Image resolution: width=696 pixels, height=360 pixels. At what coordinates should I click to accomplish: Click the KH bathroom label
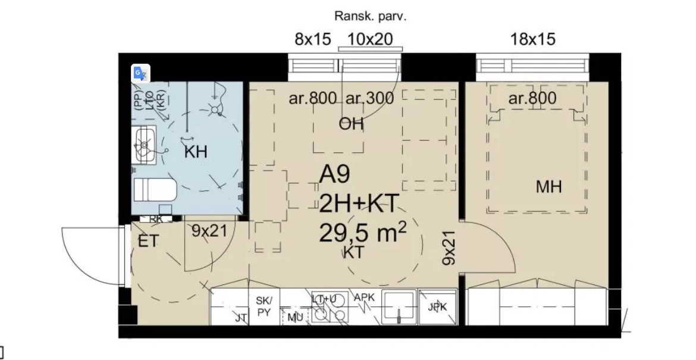(196, 152)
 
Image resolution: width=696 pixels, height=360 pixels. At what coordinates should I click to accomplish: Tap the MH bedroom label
(548, 187)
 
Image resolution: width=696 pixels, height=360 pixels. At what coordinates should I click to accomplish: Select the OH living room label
(351, 124)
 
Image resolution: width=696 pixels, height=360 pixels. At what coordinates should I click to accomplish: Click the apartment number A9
(335, 174)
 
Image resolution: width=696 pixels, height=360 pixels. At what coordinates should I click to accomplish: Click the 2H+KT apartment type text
(357, 204)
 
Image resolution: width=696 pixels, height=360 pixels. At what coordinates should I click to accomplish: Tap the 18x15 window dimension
(532, 39)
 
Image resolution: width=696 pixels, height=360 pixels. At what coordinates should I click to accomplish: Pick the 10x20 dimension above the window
(369, 39)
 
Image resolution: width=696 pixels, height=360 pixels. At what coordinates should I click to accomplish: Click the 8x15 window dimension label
(312, 39)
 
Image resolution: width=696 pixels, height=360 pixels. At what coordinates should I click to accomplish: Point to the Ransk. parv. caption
(370, 16)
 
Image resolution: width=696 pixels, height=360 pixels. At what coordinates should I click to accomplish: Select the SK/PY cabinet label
(264, 306)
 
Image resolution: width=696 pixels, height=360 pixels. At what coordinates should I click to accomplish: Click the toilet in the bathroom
(154, 191)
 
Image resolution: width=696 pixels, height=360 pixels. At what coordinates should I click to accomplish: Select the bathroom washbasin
(144, 145)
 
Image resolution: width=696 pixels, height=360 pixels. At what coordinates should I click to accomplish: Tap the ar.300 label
(369, 98)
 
